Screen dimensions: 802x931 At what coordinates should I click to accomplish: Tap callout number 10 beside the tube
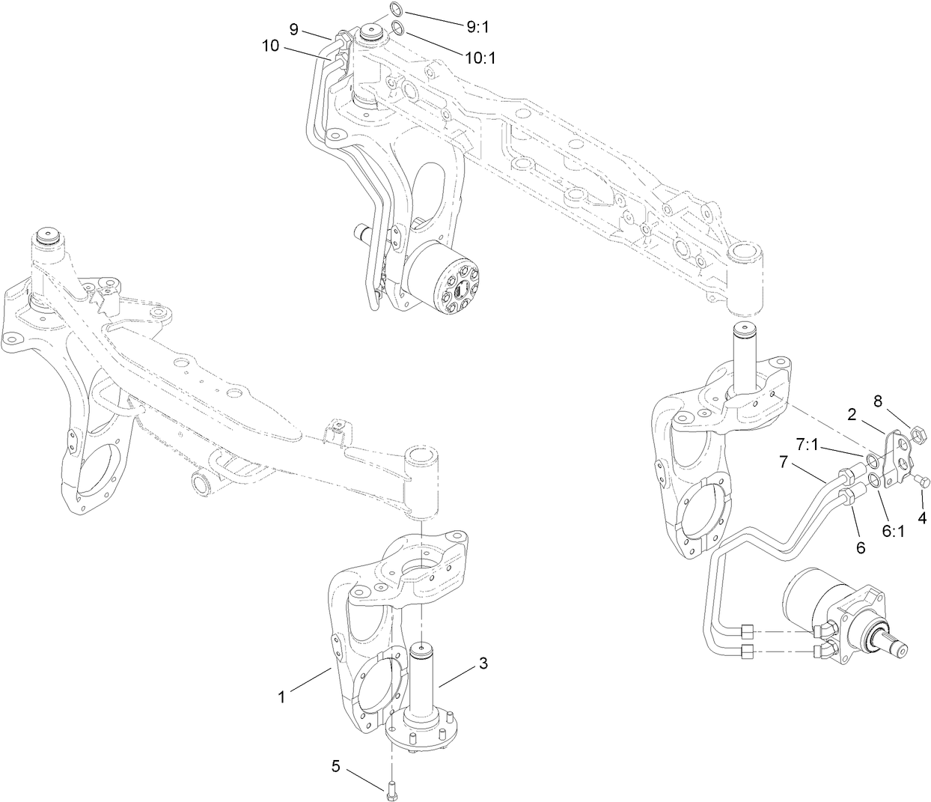270,46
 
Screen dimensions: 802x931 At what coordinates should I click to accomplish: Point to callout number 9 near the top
293,29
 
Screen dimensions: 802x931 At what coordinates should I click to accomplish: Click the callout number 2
852,413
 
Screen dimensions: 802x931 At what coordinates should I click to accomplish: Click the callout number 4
922,517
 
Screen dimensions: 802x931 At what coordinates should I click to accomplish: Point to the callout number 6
861,547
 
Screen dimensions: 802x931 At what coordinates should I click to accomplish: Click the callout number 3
483,663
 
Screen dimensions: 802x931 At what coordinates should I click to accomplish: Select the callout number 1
281,696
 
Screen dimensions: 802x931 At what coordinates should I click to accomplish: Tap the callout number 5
336,766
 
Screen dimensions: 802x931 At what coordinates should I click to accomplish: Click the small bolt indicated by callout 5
391,789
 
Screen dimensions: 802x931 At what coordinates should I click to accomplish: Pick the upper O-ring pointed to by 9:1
397,10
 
